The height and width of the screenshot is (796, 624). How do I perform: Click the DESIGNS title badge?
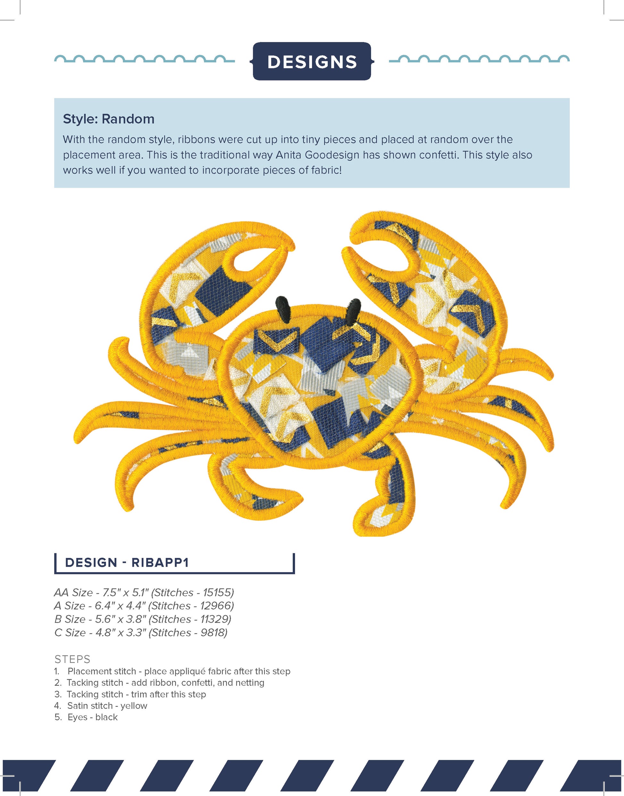[312, 61]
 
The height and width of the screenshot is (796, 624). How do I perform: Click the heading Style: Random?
[108, 119]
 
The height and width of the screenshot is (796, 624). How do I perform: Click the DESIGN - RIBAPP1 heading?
[127, 562]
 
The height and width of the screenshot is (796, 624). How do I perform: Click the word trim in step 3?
[139, 694]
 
